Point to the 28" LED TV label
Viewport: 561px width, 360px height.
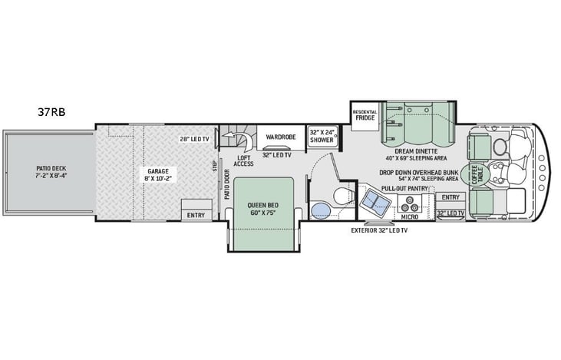(195, 139)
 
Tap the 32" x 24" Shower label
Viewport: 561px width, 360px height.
(321, 135)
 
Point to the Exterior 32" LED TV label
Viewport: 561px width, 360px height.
(379, 230)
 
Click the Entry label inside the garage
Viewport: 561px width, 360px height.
(196, 216)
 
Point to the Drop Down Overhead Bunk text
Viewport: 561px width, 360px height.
(418, 173)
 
